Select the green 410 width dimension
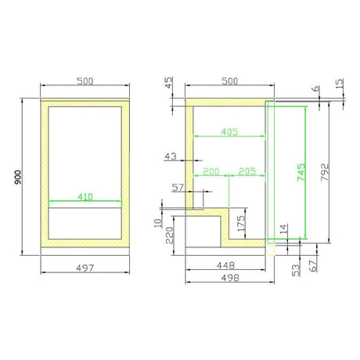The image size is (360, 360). pos(85,196)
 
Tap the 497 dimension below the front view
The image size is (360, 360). pos(85,268)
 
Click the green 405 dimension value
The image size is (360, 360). pos(229,131)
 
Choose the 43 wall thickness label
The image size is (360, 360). pos(171,157)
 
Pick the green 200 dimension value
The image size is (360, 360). pos(211,171)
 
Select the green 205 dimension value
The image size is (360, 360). pos(247,171)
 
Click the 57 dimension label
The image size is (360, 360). pos(178,188)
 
